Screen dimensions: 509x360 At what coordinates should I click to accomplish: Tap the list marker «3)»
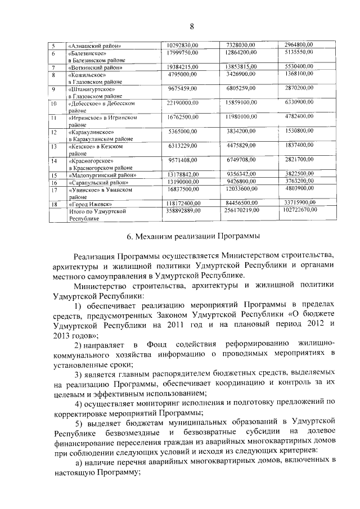click(80, 374)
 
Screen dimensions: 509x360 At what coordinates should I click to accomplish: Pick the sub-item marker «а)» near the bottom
click(80, 461)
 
